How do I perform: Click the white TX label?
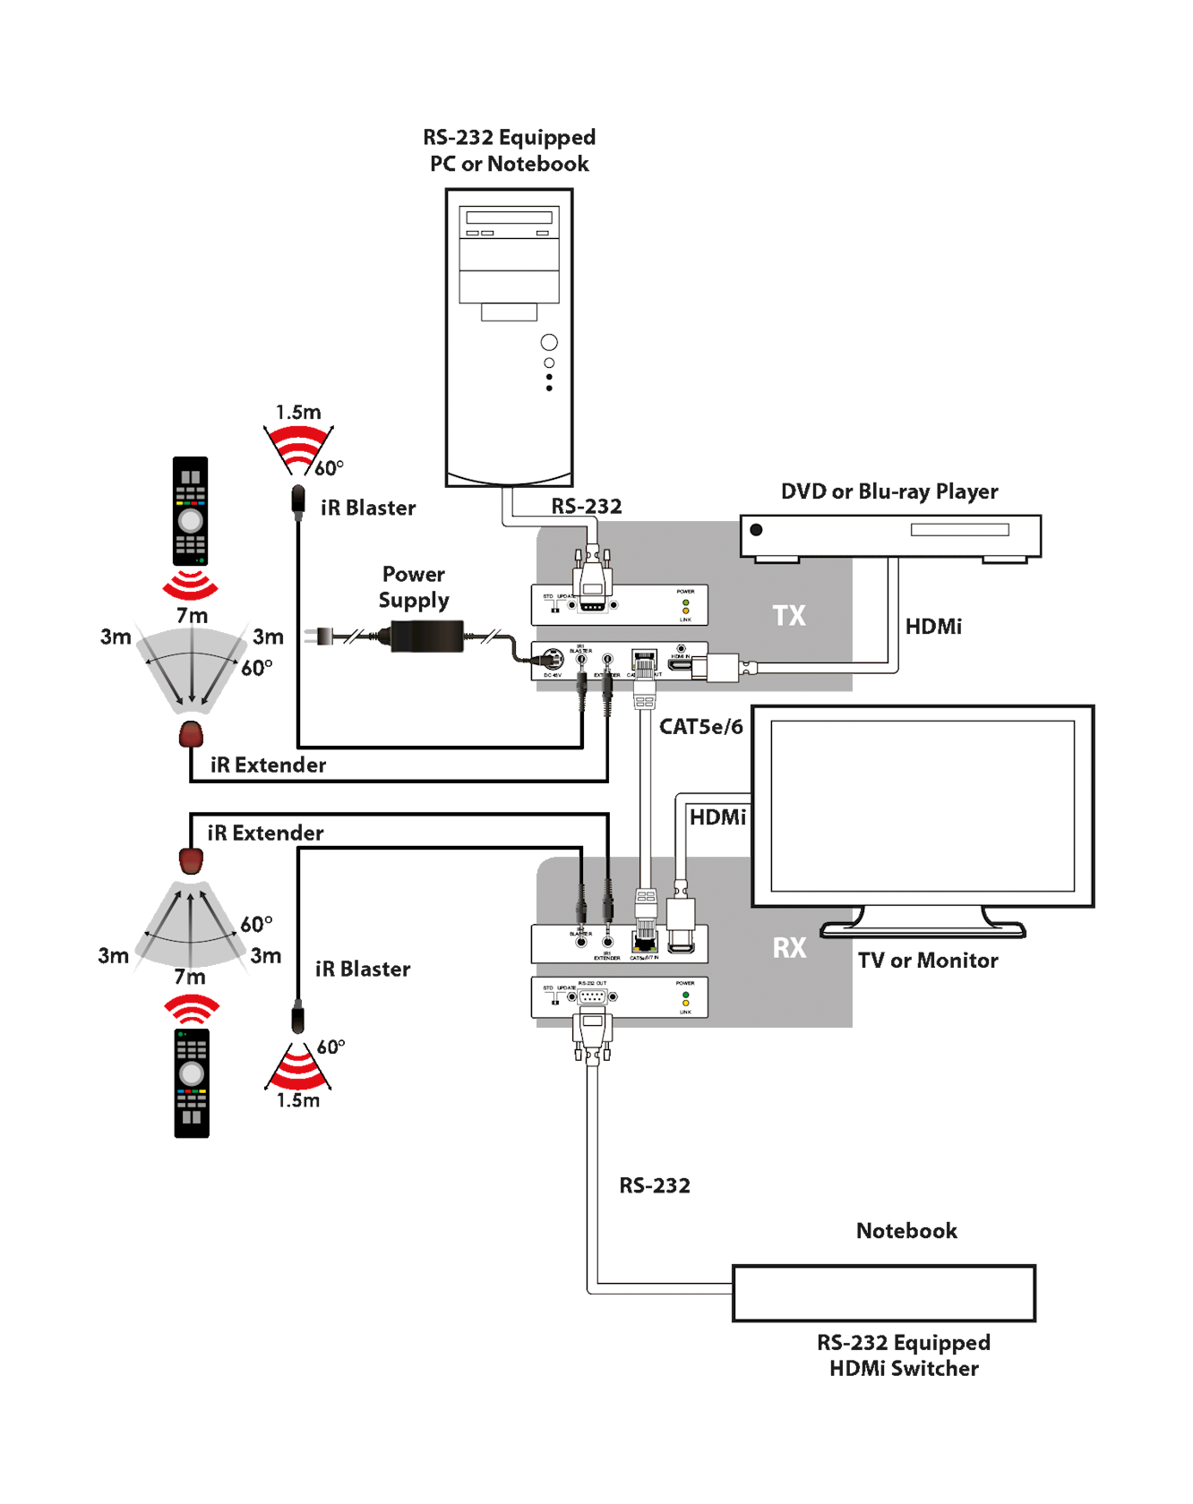click(x=789, y=616)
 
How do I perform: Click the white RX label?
click(x=789, y=948)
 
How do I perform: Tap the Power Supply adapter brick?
click(x=427, y=637)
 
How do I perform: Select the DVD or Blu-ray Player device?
click(x=890, y=536)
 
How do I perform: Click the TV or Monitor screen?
click(x=923, y=806)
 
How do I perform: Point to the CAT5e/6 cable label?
click(x=701, y=726)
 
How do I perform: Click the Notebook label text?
click(x=906, y=1231)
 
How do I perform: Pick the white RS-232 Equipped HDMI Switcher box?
click(x=884, y=1294)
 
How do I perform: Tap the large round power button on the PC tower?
click(x=549, y=342)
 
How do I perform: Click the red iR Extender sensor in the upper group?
click(x=191, y=735)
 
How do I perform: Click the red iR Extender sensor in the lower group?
click(x=191, y=860)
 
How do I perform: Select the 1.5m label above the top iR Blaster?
click(x=298, y=412)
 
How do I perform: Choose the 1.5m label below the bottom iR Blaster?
click(x=298, y=1100)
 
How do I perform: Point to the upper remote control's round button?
click(x=190, y=520)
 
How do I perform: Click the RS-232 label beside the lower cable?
click(x=655, y=1186)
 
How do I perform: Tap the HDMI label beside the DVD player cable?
click(x=933, y=627)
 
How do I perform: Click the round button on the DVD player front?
click(x=756, y=530)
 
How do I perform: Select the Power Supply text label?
click(x=413, y=587)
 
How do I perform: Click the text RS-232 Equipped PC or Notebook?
click(x=510, y=150)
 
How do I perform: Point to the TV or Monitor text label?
click(x=928, y=961)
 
